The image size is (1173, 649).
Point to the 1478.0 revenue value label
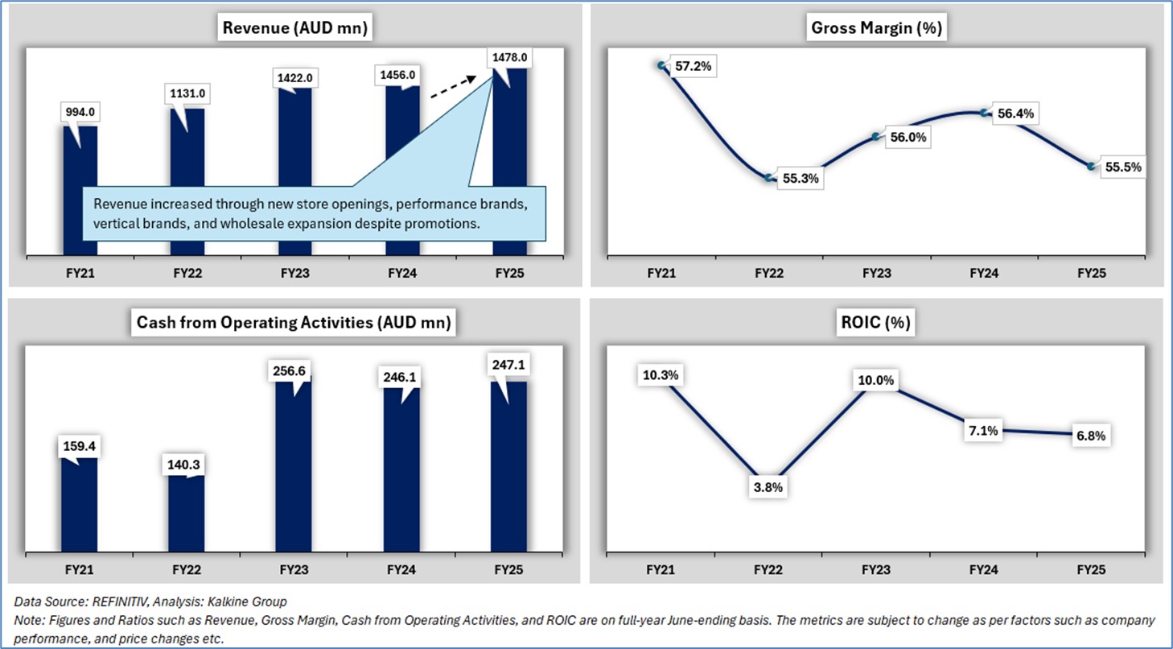pyautogui.click(x=509, y=57)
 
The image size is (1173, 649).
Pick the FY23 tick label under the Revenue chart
pyautogui.click(x=294, y=274)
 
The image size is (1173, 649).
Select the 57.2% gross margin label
pyautogui.click(x=692, y=67)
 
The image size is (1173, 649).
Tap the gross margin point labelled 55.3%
pyautogui.click(x=770, y=177)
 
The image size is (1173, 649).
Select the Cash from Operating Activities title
pyautogui.click(x=294, y=324)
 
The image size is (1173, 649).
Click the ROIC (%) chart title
pyautogui.click(x=876, y=324)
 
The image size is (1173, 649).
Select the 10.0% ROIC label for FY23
pyautogui.click(x=877, y=380)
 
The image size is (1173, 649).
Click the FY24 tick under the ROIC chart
pyautogui.click(x=983, y=569)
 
